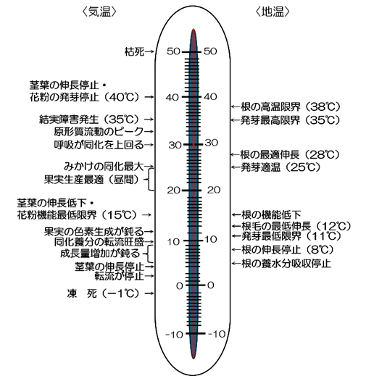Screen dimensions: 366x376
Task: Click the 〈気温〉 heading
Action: (99, 12)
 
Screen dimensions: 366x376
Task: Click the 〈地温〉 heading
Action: (273, 12)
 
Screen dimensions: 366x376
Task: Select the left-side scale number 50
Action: (173, 51)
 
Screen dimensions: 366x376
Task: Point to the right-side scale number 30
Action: (212, 143)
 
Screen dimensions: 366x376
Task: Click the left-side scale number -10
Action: (174, 335)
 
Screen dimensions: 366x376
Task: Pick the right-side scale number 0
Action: (211, 285)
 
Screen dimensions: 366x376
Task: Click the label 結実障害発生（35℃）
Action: (89, 120)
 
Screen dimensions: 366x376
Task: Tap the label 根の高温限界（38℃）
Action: (291, 106)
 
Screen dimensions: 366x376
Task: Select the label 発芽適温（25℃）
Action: (280, 167)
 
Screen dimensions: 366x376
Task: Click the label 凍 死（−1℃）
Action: (103, 293)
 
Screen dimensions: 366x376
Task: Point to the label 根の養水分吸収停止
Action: (286, 264)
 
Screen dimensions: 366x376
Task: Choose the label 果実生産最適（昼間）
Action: (92, 180)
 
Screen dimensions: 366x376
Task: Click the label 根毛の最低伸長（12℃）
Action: (296, 226)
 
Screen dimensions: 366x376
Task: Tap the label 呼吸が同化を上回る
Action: (99, 145)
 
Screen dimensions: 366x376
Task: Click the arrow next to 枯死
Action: (149, 51)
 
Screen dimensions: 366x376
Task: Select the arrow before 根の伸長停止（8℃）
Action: (236, 250)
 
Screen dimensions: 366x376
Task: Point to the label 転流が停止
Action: (120, 276)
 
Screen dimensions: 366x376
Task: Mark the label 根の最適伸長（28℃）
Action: (290, 154)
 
